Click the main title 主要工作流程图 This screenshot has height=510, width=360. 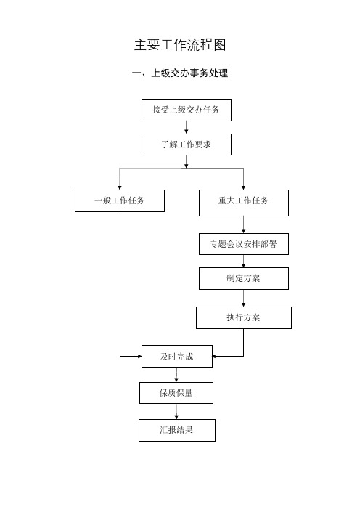click(180, 45)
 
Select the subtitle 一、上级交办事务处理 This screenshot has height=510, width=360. click(180, 73)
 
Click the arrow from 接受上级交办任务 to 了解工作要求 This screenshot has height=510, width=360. click(187, 128)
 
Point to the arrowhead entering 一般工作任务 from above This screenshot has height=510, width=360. click(120, 187)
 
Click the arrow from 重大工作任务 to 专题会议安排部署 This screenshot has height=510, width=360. click(244, 224)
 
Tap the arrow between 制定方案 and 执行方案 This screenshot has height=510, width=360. click(244, 299)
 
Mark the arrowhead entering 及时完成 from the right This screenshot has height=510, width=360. click(215, 357)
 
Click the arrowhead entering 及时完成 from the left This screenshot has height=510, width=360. click(139, 357)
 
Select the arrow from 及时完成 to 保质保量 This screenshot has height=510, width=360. click(176, 375)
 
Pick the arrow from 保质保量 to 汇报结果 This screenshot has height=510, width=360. click(176, 412)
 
